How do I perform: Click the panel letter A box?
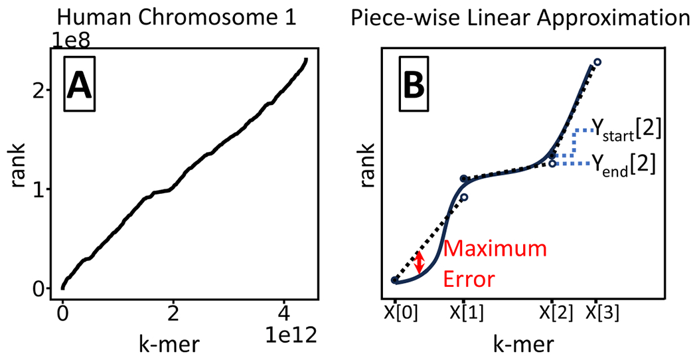pyautogui.click(x=81, y=85)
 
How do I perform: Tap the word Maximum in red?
pyautogui.click(x=495, y=250)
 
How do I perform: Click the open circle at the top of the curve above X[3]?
pyautogui.click(x=597, y=62)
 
